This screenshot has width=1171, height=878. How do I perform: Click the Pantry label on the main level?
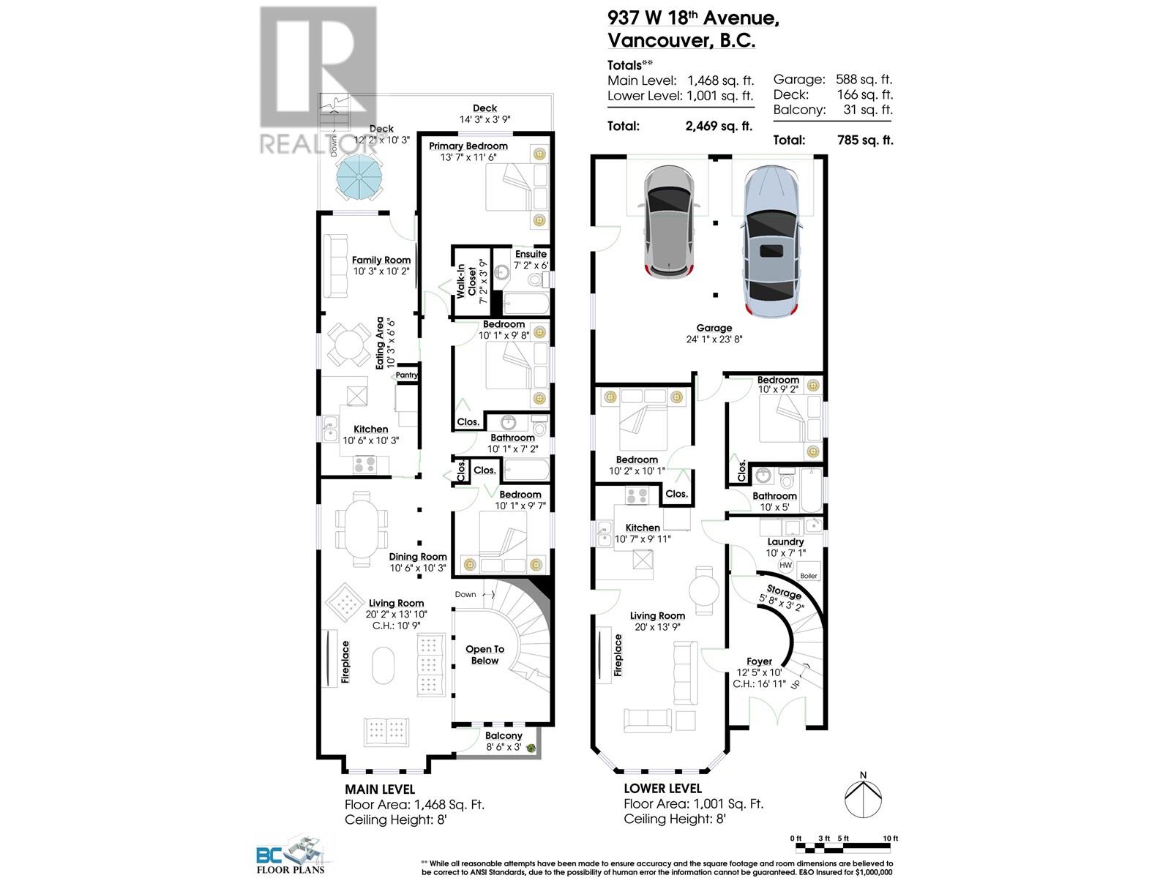407,375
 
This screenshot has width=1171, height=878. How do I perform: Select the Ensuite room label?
531,254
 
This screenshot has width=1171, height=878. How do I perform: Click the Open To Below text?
485,655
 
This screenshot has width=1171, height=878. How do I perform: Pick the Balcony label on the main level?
504,736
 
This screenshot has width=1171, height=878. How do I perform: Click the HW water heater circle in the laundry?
785,565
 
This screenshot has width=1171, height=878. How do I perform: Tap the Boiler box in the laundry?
808,575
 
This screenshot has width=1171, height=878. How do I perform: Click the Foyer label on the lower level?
760,661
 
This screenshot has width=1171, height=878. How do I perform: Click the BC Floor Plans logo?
290,855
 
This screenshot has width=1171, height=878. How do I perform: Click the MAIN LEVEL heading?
379,789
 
